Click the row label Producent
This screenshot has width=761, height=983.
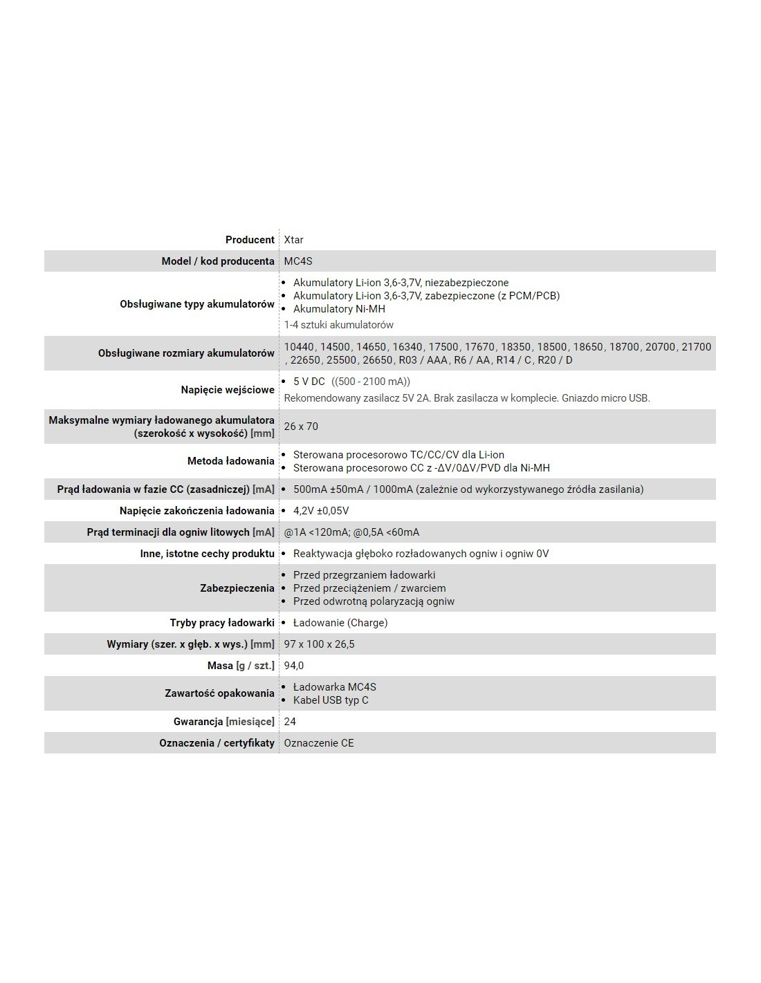(x=250, y=240)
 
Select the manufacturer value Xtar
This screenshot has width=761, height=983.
(x=294, y=240)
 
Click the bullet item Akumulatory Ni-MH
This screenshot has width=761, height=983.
(x=339, y=309)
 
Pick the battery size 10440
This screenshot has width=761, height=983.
(x=299, y=347)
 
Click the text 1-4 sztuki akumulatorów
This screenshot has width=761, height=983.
(x=338, y=325)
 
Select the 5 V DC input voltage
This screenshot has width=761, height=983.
(x=309, y=382)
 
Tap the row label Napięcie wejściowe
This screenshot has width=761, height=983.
(x=228, y=390)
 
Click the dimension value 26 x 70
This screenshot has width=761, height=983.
(x=301, y=427)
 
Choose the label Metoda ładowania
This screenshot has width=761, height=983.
(x=230, y=461)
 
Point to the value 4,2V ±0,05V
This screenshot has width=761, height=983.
(x=320, y=511)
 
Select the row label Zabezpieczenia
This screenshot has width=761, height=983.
(x=237, y=588)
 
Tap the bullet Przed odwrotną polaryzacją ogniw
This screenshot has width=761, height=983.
(x=374, y=601)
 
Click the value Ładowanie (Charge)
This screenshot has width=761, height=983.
(x=340, y=623)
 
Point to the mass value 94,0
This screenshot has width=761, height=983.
(x=294, y=666)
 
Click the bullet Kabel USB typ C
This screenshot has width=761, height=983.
(x=331, y=700)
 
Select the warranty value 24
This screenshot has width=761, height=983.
(x=290, y=722)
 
